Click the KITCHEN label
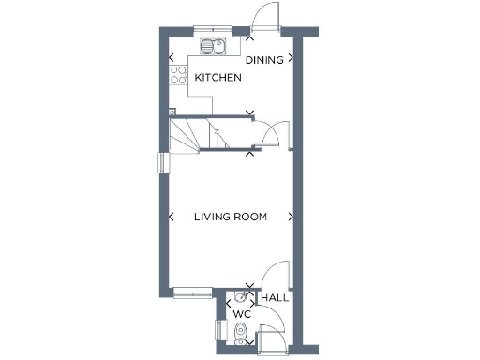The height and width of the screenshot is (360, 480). (217, 78)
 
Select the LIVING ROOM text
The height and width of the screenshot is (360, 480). (230, 217)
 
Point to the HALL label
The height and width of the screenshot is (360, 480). (275, 298)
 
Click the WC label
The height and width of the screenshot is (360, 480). (241, 313)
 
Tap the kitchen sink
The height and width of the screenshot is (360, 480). (214, 47)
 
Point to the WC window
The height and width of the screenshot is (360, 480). (219, 330)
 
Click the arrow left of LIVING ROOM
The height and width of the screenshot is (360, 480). (171, 217)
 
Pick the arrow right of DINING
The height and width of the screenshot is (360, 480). (292, 58)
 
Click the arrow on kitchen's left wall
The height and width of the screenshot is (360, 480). (171, 58)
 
